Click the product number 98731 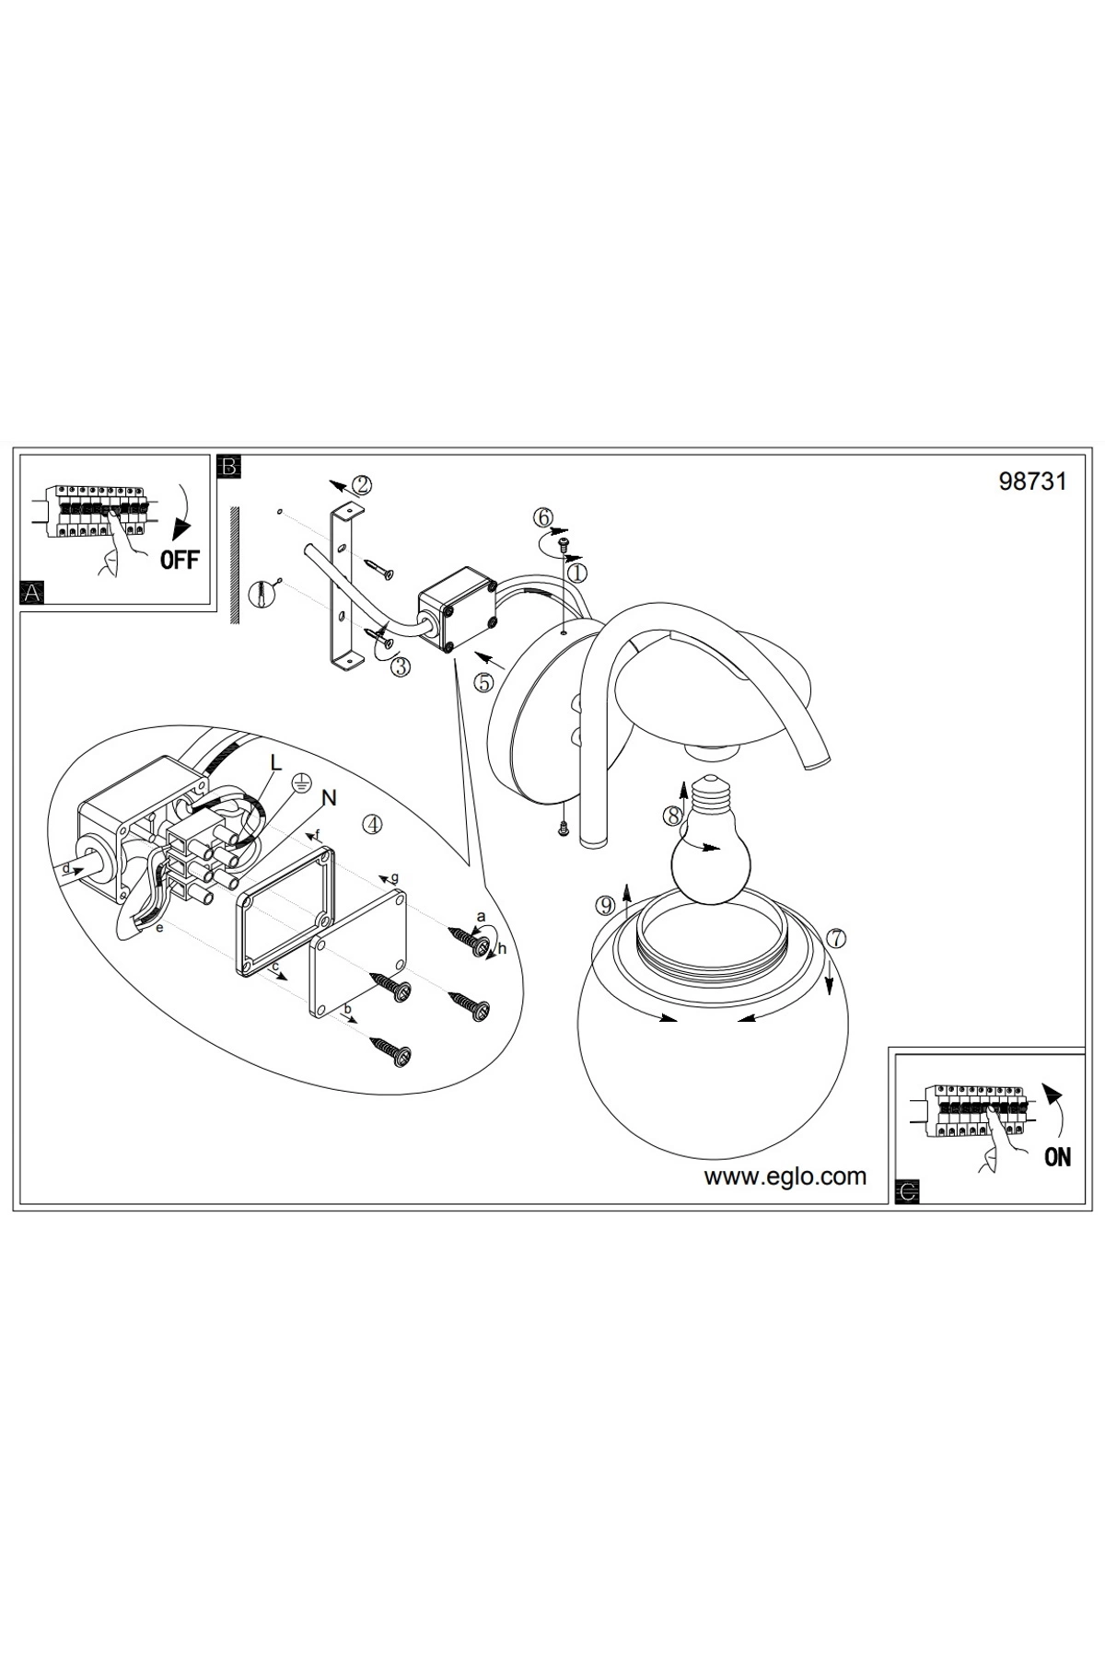click(1032, 481)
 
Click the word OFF click(180, 559)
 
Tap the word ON click(1058, 1157)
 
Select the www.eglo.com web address click(785, 1176)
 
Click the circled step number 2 click(362, 484)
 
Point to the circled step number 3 click(400, 667)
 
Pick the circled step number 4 click(372, 824)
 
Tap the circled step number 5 click(484, 682)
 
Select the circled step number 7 click(835, 938)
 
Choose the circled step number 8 click(673, 815)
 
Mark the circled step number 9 click(605, 905)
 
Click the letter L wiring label click(275, 762)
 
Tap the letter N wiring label click(329, 798)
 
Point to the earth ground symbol click(299, 782)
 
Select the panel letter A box click(32, 593)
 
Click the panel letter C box click(907, 1192)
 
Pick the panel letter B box click(227, 466)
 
